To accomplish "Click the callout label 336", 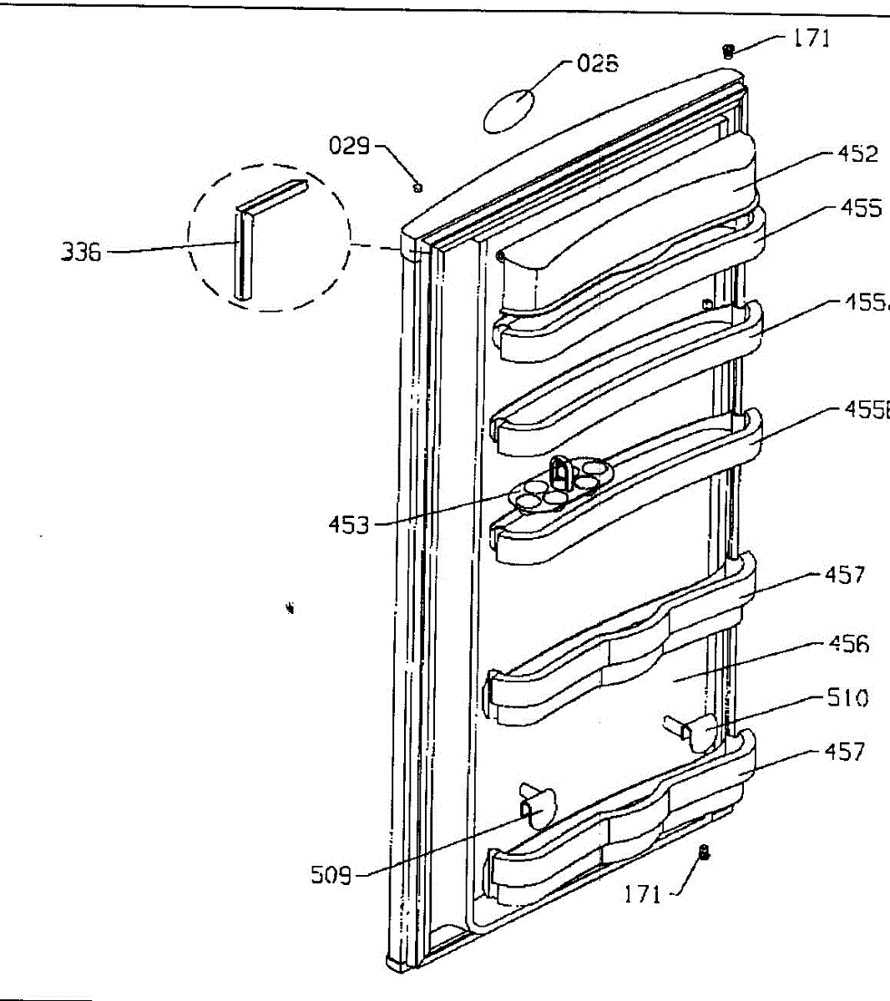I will pyautogui.click(x=81, y=251).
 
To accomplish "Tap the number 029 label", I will pyautogui.click(x=349, y=146).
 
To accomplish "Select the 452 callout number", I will pyautogui.click(x=857, y=153).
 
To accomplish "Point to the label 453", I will pyautogui.click(x=348, y=525).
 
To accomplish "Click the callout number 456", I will pyautogui.click(x=848, y=644).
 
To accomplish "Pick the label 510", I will pyautogui.click(x=847, y=697).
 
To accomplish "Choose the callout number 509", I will pyautogui.click(x=331, y=875).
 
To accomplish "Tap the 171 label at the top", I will pyautogui.click(x=811, y=38).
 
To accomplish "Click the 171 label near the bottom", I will pyautogui.click(x=643, y=895).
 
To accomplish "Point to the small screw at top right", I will pyautogui.click(x=728, y=52).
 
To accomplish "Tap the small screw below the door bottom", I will pyautogui.click(x=703, y=853).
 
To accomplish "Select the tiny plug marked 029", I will pyautogui.click(x=417, y=187).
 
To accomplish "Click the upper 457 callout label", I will pyautogui.click(x=845, y=575).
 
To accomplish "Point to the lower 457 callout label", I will pyautogui.click(x=845, y=752).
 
